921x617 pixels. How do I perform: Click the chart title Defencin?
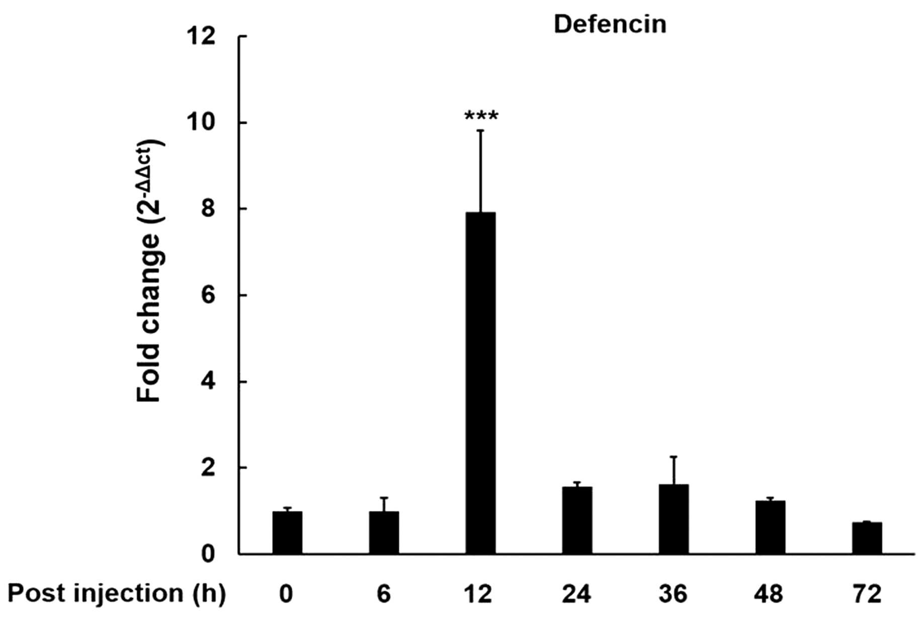coord(610,24)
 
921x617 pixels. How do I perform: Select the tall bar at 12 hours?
coord(480,383)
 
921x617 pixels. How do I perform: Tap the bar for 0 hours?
coord(287,533)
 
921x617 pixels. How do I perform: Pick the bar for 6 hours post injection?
coord(384,533)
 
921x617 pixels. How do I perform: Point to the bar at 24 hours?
coord(577,520)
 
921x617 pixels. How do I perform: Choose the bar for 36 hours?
coord(674,519)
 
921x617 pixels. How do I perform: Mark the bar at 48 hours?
coord(770,527)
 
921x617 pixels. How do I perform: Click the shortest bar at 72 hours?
coord(867,538)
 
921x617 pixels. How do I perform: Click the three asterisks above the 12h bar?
coord(481,117)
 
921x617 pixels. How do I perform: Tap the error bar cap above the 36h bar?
coord(674,457)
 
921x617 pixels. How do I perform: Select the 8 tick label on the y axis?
coord(208,209)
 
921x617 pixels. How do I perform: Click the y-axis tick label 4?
coord(208,382)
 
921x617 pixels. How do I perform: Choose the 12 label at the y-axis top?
coord(201,36)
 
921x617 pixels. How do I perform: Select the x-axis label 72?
coord(867,594)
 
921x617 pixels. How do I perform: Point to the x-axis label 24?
coord(576,594)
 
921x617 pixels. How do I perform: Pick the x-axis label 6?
coord(384,594)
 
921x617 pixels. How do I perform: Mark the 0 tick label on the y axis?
coord(208,554)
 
